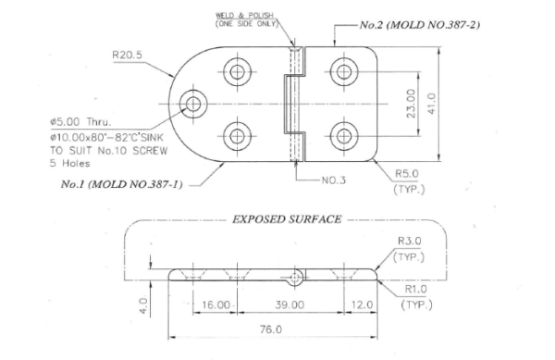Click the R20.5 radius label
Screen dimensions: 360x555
tap(127, 55)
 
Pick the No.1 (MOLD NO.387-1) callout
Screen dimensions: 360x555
tap(121, 184)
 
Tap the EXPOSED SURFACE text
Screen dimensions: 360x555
tap(283, 220)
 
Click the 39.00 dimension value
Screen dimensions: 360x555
tap(289, 304)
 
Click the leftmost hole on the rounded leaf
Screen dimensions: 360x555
tap(195, 104)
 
